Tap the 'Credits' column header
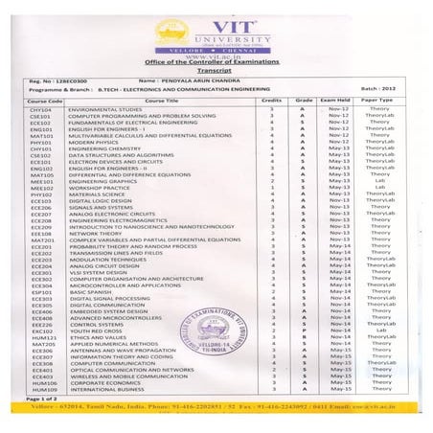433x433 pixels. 271,100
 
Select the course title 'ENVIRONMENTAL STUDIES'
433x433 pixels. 101,108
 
